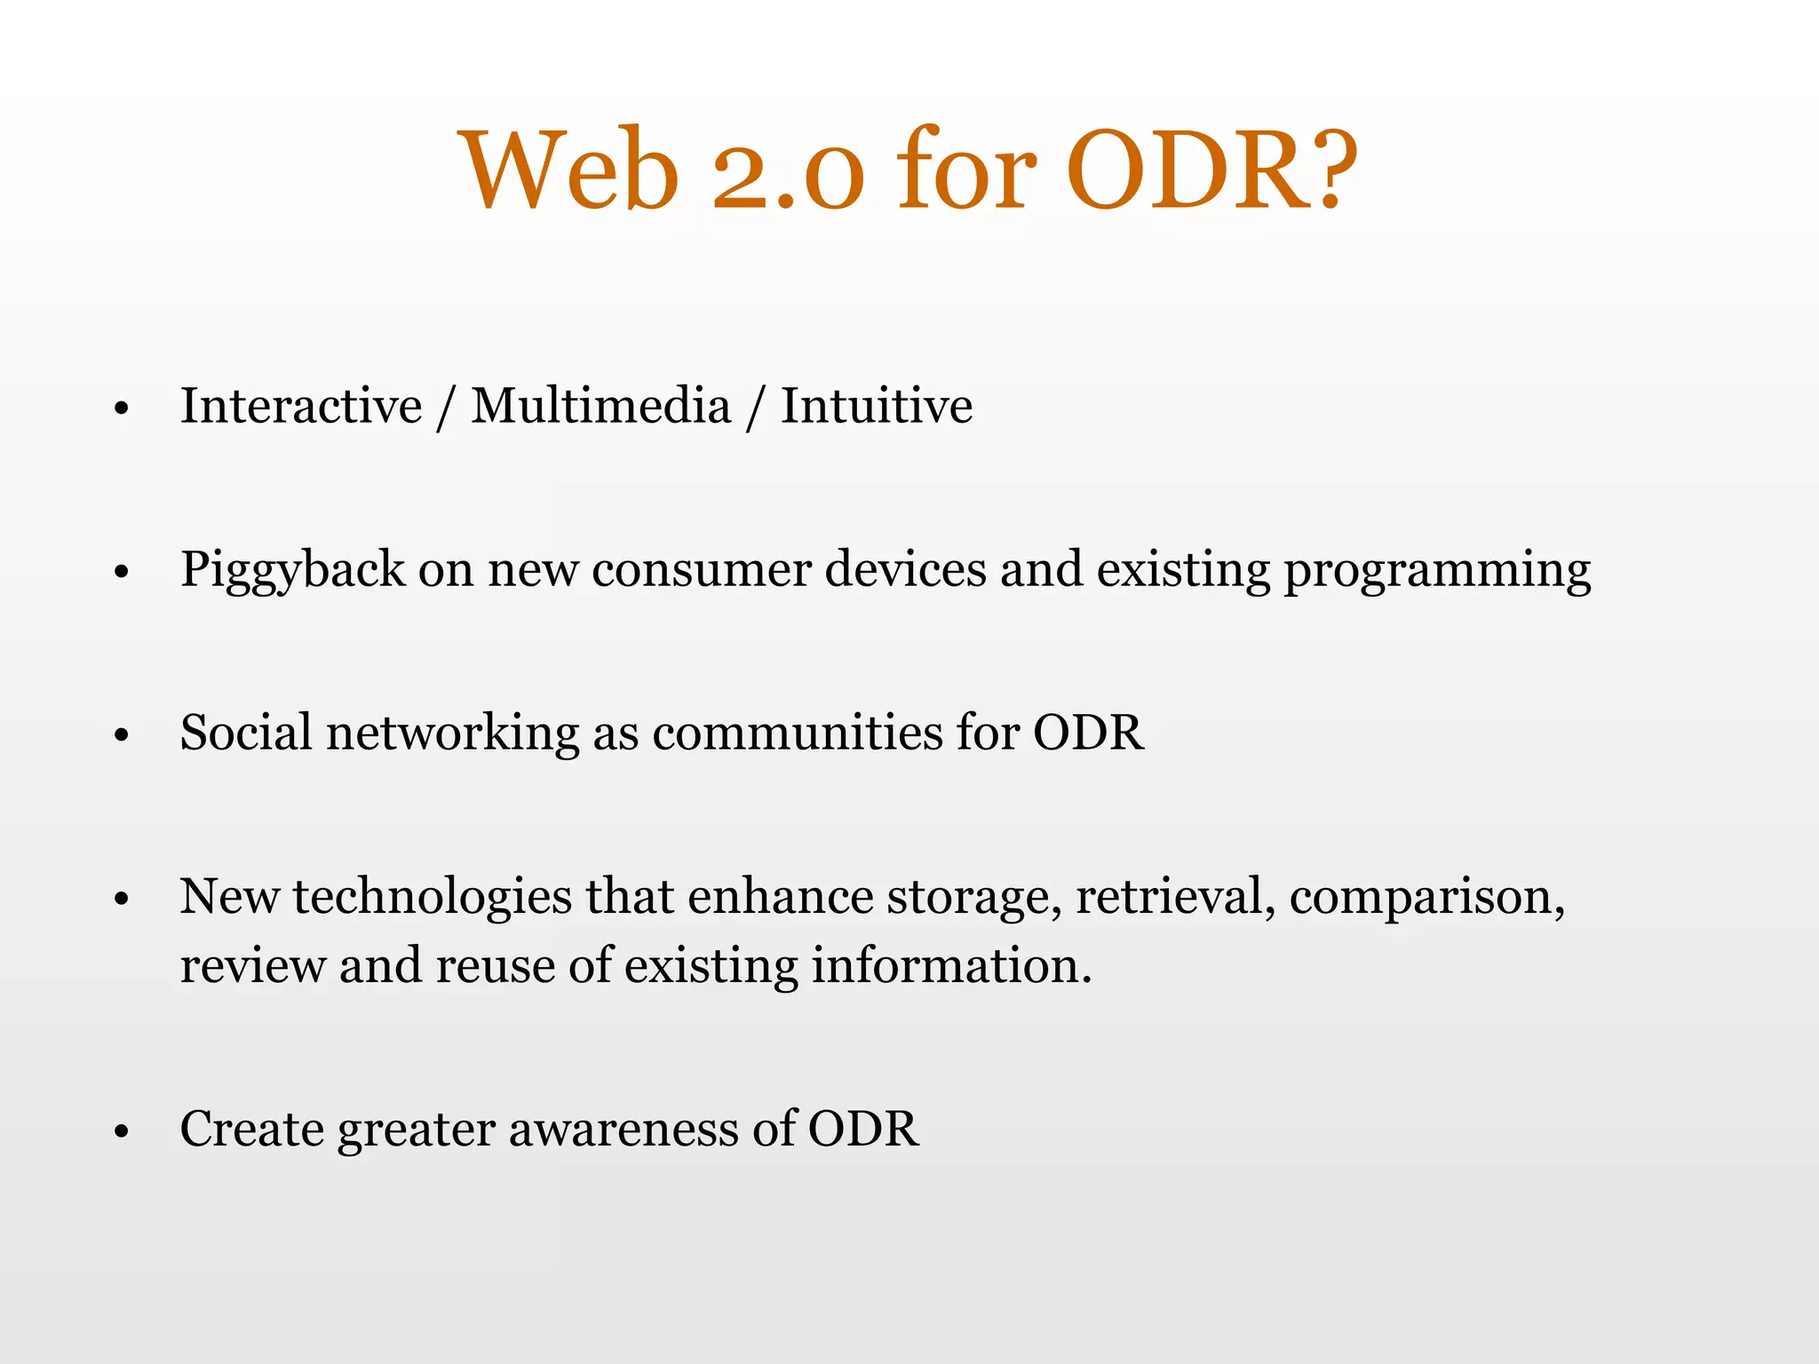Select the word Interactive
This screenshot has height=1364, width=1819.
pyautogui.click(x=301, y=406)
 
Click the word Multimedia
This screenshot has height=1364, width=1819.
pyautogui.click(x=600, y=406)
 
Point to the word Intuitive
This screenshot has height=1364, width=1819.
pyautogui.click(x=876, y=406)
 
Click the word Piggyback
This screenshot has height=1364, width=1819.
pyautogui.click(x=292, y=570)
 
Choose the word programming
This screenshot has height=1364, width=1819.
pyautogui.click(x=1437, y=570)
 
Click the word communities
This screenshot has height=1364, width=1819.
pyautogui.click(x=797, y=733)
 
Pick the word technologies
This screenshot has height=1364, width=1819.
pyautogui.click(x=432, y=897)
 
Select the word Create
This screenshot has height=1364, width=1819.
pyautogui.click(x=251, y=1130)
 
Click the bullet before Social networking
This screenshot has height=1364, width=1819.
pyautogui.click(x=123, y=736)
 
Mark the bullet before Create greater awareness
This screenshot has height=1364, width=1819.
pyautogui.click(x=123, y=1132)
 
